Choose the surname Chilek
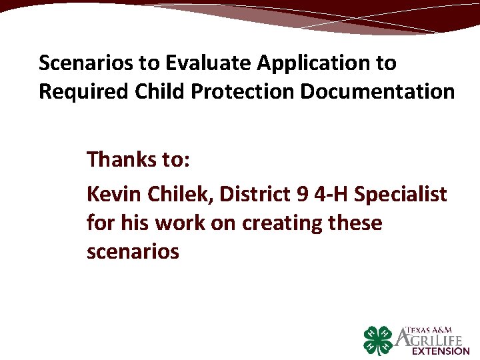(174, 194)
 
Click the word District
(247, 194)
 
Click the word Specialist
(400, 195)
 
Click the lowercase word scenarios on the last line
(133, 251)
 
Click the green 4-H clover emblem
(379, 341)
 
